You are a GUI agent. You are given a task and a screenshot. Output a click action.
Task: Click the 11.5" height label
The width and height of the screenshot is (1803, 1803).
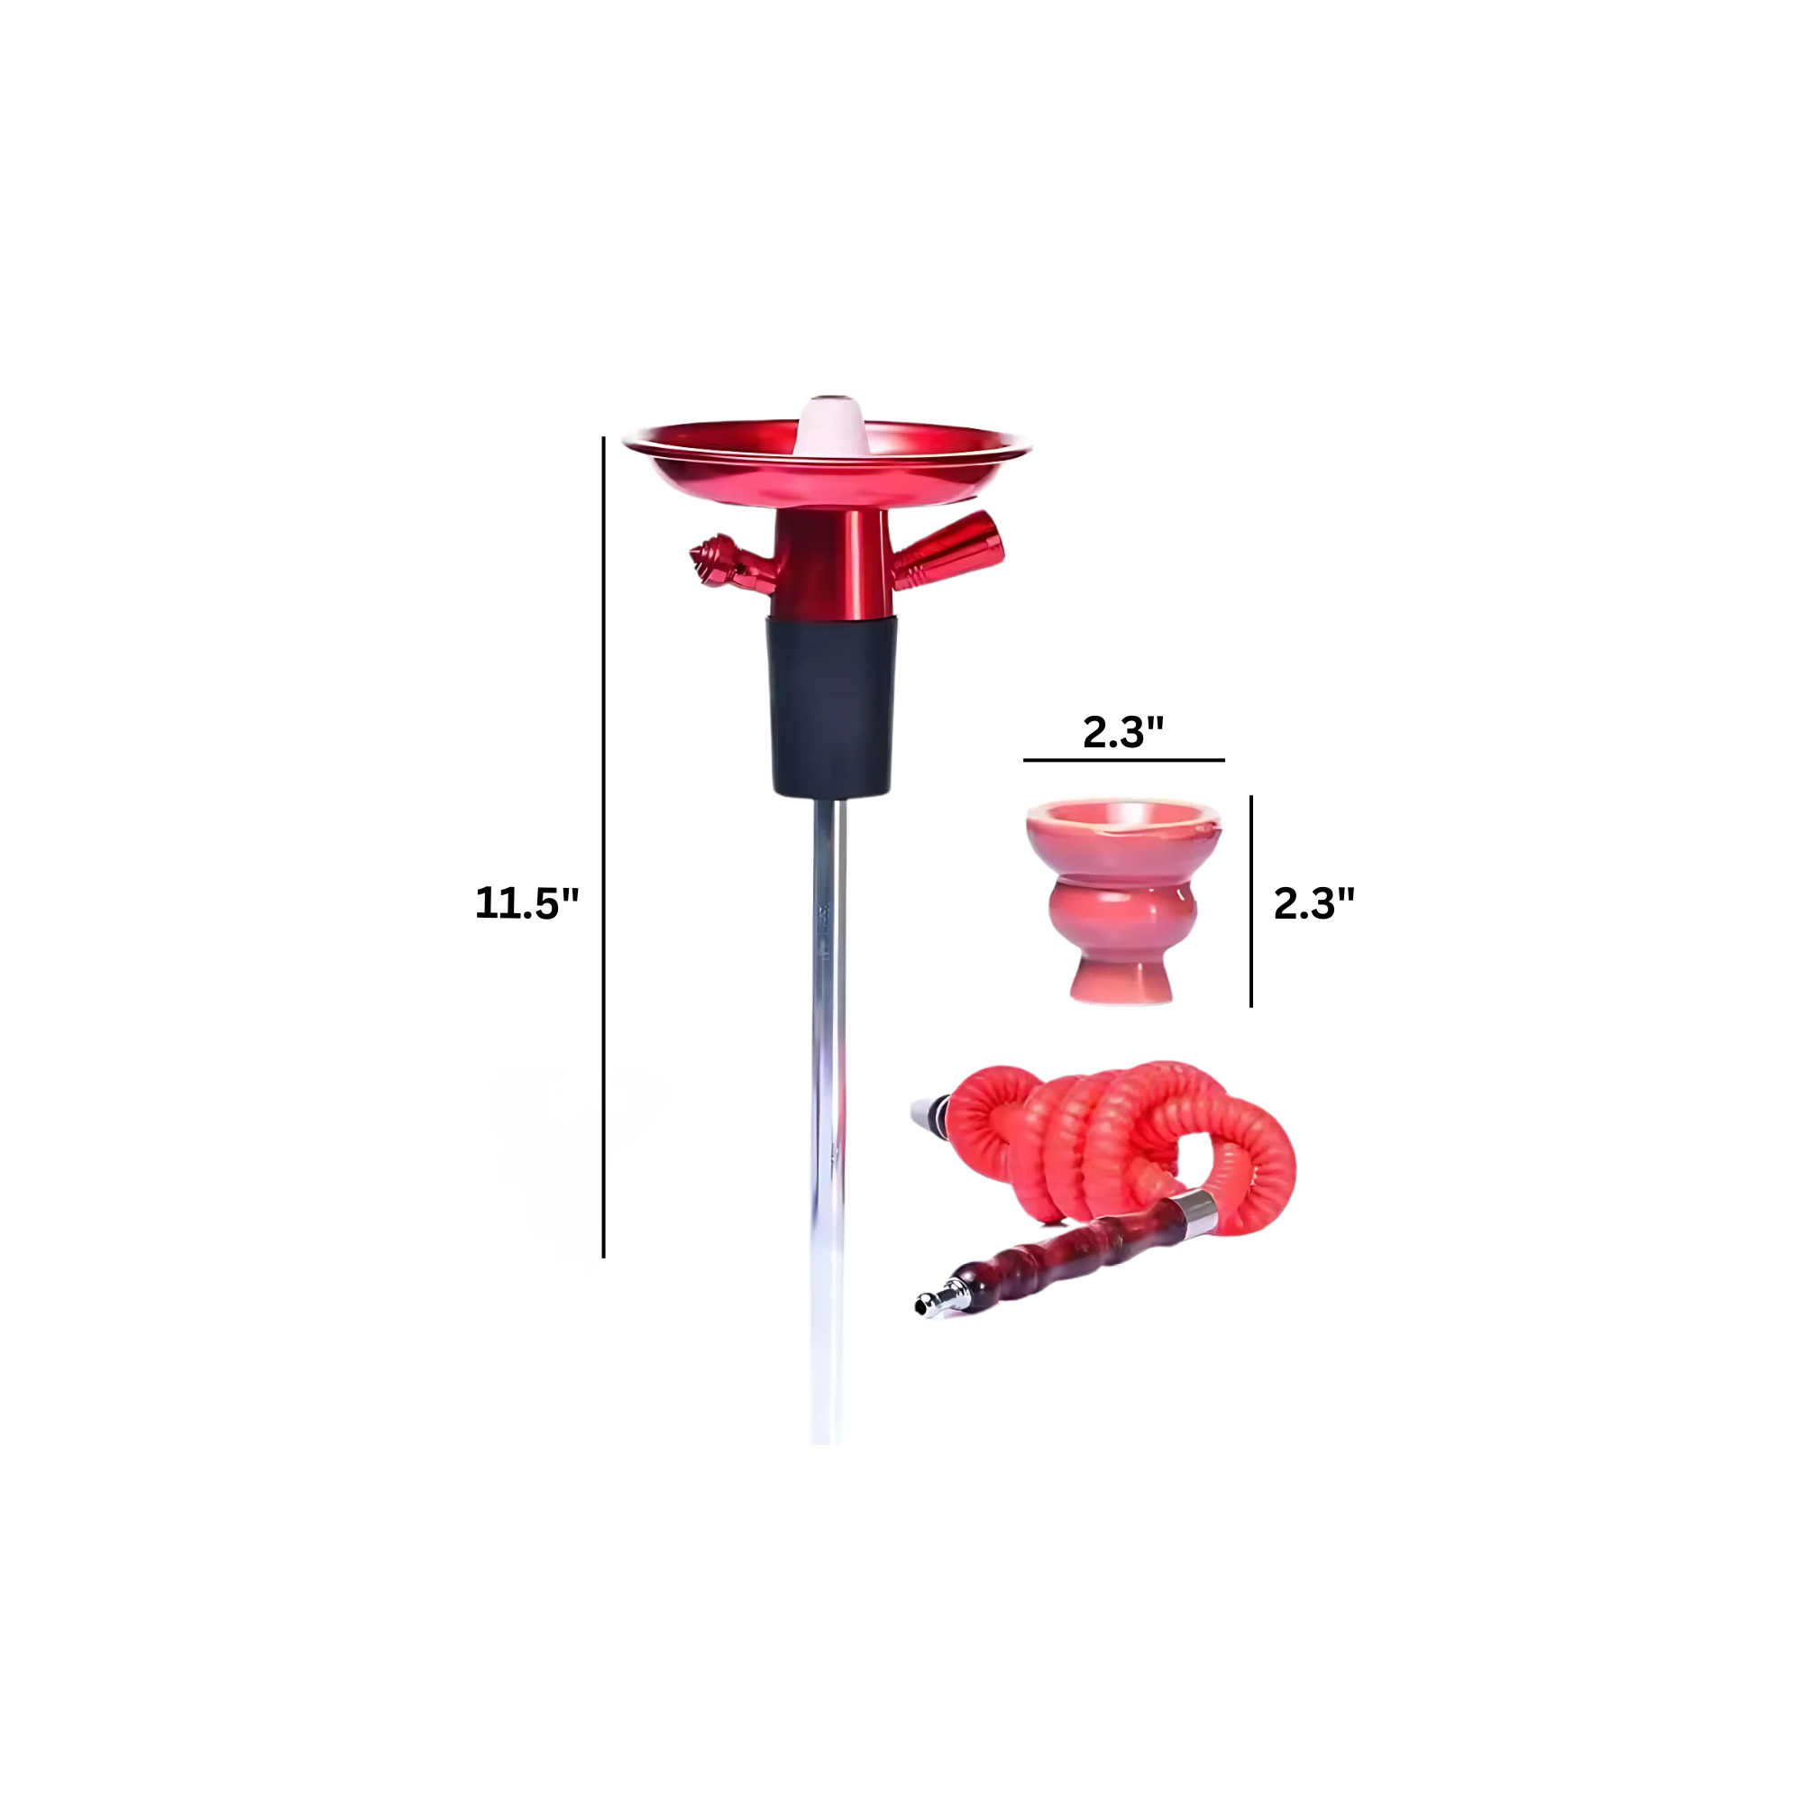click(x=526, y=902)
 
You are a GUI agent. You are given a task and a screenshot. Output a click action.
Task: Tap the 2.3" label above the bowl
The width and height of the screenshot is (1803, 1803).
click(x=1123, y=732)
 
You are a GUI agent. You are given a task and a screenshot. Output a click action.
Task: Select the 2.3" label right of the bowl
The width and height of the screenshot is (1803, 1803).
click(x=1314, y=902)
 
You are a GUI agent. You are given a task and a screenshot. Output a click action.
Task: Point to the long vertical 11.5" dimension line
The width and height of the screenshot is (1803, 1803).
click(x=604, y=847)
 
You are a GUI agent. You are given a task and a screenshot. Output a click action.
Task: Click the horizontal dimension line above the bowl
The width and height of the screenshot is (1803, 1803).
click(x=1123, y=760)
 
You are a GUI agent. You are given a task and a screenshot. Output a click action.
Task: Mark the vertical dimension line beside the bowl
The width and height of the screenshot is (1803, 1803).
click(x=1251, y=901)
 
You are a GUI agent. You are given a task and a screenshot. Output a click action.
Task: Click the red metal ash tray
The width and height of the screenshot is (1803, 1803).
click(x=827, y=462)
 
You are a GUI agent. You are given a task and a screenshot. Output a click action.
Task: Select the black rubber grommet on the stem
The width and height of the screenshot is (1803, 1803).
click(x=831, y=707)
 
